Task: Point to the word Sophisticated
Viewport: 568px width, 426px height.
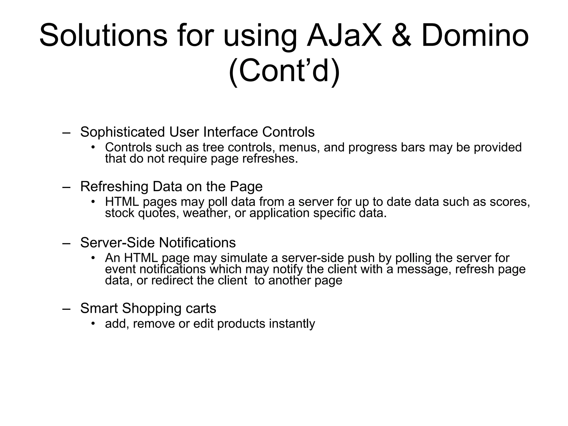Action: pyautogui.click(x=122, y=132)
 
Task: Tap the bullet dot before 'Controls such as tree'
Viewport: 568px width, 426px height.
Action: pyautogui.click(x=93, y=147)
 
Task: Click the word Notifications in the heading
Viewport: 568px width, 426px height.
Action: pyautogui.click(x=197, y=243)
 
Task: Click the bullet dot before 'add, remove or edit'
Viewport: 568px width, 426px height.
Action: pyautogui.click(x=93, y=323)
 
